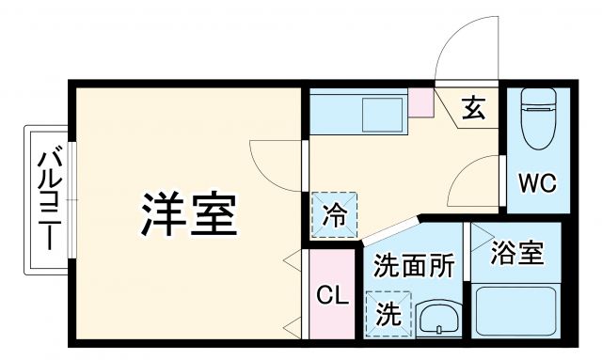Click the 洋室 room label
[189, 215]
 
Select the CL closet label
[331, 298]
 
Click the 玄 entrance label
[473, 110]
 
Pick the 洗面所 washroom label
[415, 266]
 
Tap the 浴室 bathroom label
[517, 253]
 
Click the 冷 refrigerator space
[336, 214]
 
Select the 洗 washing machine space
[388, 314]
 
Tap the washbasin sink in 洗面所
[436, 320]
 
